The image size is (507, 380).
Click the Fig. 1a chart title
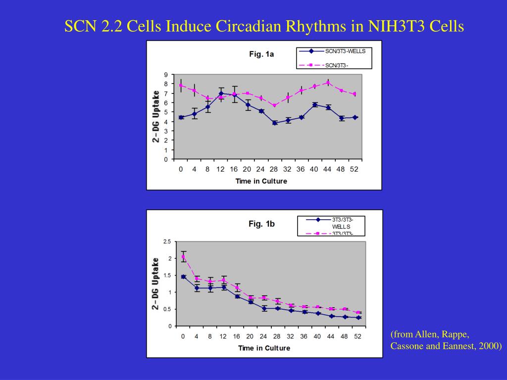point(261,54)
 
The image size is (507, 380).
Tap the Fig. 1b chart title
point(261,224)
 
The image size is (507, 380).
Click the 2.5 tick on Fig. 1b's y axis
point(167,241)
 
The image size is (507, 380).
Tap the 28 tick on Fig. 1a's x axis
point(274,169)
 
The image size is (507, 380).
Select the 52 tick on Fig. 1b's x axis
point(358,336)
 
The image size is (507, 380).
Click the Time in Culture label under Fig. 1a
point(261,181)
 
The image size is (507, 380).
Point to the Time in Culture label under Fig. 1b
point(264,348)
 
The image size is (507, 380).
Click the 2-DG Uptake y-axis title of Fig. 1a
point(156,117)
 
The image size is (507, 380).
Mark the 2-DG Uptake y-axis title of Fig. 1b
point(155,284)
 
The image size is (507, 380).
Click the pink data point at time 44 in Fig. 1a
point(328,83)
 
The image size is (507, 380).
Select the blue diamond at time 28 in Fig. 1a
point(275,123)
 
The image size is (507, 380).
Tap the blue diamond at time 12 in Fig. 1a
point(221,93)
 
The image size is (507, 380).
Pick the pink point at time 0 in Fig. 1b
point(183,256)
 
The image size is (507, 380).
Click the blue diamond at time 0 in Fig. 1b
point(183,277)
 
